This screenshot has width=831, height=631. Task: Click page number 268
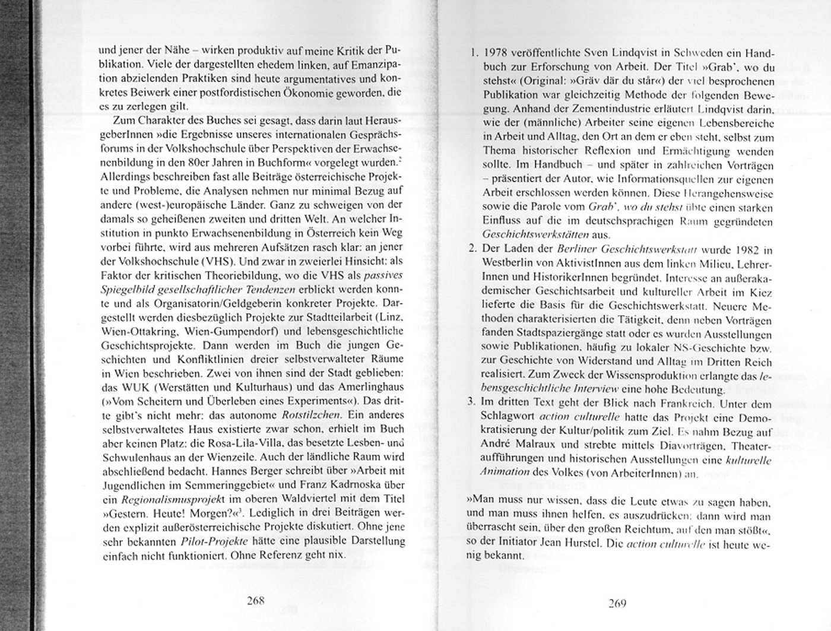tap(255, 600)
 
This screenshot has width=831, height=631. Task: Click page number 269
tap(617, 604)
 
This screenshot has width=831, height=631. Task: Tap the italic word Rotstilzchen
tap(311, 415)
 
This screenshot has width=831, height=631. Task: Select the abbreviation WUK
tap(141, 387)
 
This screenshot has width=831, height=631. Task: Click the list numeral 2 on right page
tap(472, 248)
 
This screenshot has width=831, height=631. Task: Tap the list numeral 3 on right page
tap(472, 402)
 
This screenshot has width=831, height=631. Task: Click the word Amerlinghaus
tap(367, 387)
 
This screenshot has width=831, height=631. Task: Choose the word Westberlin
tap(509, 263)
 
